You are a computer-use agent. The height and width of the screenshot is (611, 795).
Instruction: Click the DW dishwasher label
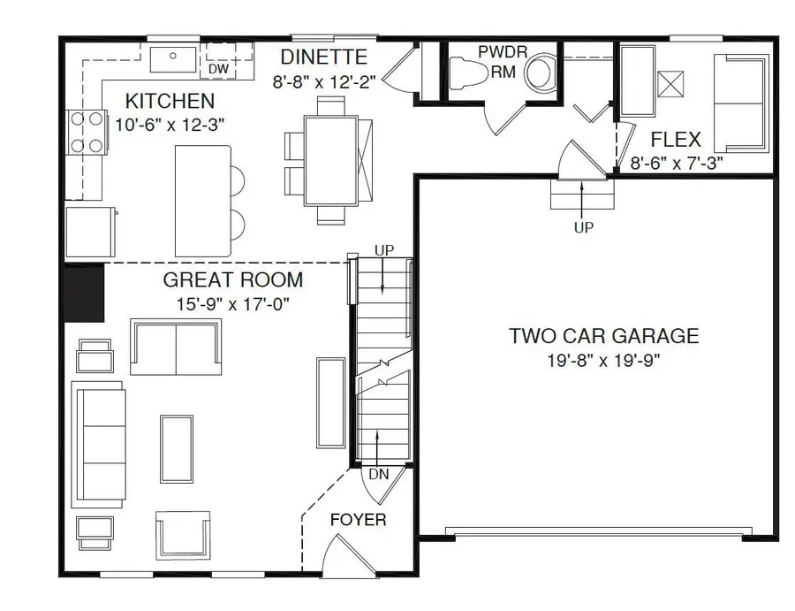pos(218,69)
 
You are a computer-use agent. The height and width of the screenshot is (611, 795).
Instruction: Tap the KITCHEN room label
pos(170,101)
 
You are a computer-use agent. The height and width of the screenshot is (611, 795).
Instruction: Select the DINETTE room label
pos(324,57)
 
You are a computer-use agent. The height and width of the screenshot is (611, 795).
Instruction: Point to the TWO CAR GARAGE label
pos(603,336)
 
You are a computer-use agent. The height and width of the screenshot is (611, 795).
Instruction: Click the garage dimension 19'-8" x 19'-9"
pos(603,360)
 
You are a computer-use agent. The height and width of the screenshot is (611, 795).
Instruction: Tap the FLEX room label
pos(676,140)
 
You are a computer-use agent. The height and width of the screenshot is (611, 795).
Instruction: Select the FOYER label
pos(358,519)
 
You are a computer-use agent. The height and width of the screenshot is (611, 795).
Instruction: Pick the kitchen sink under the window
pos(173,59)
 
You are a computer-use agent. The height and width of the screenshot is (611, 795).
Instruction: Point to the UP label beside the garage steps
pos(584,227)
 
